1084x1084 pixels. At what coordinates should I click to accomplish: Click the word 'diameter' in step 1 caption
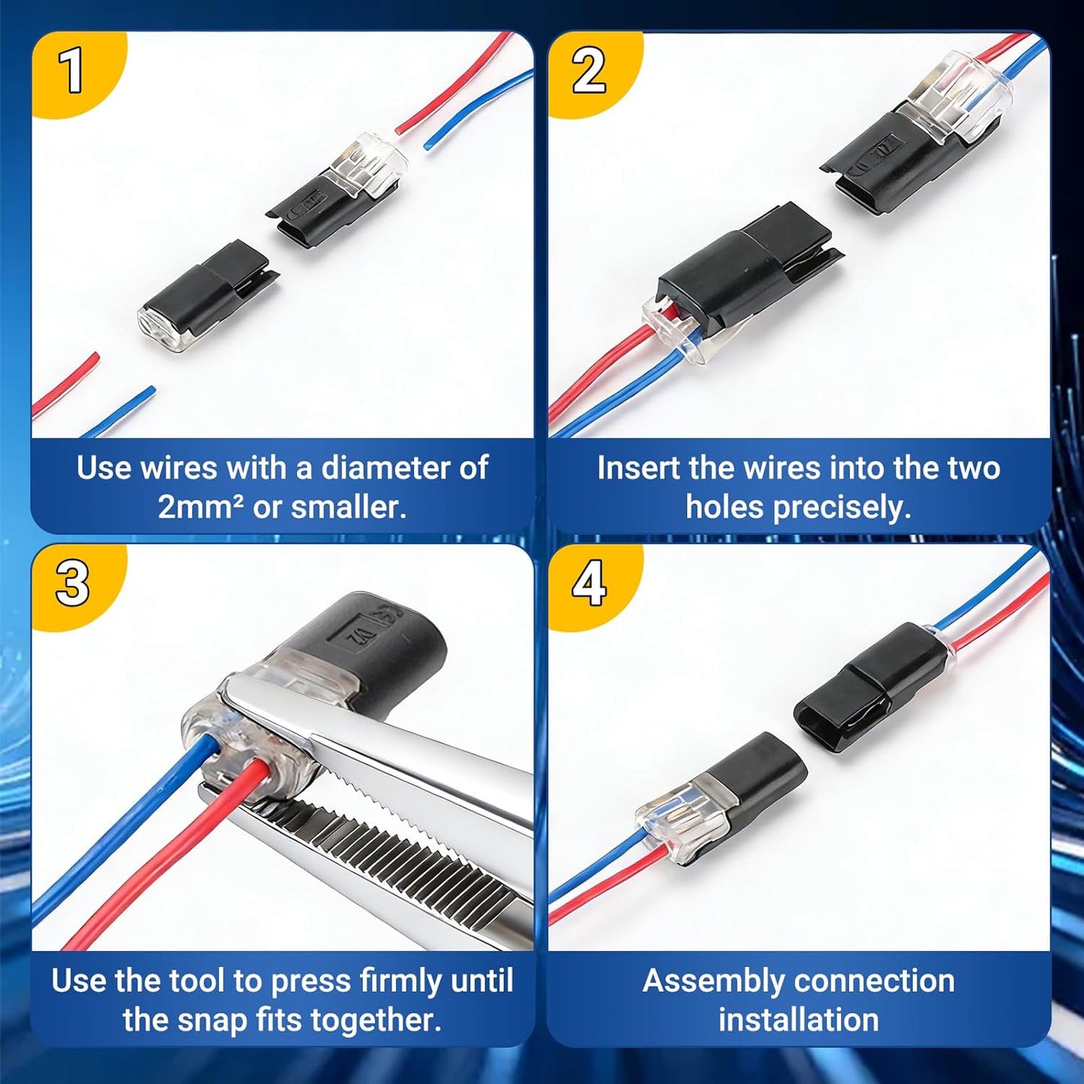(371, 467)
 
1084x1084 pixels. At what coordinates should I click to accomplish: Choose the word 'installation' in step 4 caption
(798, 1019)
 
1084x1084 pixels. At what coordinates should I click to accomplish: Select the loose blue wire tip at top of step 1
(431, 143)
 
